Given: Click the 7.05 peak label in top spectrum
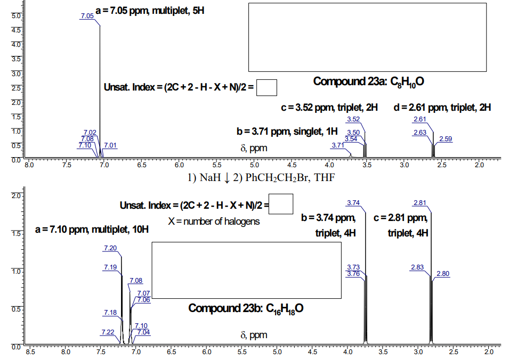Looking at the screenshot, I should tap(87, 16).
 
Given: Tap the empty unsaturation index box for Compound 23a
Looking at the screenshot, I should tap(266, 87).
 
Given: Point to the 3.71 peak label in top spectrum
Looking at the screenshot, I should tap(338, 145).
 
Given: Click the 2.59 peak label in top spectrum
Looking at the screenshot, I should tap(446, 139).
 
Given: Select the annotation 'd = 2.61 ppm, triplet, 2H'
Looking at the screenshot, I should tap(442, 108).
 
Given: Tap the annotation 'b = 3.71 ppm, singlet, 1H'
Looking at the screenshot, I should tap(287, 131).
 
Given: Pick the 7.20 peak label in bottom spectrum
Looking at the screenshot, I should tap(110, 248).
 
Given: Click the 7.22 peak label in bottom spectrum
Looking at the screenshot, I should tap(108, 332).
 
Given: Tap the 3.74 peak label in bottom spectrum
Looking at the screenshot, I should tap(353, 202).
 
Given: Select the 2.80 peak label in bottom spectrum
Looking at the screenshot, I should tap(443, 274).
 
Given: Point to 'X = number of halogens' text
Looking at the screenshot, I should tap(214, 221).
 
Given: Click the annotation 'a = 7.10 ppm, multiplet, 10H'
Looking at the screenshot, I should tap(92, 230).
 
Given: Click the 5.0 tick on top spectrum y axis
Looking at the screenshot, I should tap(15, 16).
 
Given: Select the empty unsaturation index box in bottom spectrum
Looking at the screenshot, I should tap(281, 204).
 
